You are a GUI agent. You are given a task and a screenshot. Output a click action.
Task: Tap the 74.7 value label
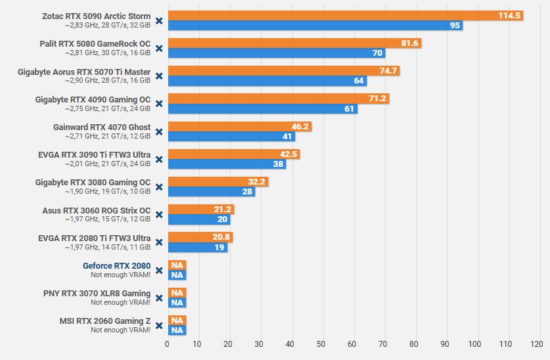pos(388,71)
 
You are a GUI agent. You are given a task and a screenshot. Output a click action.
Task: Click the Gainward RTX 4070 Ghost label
pos(102,127)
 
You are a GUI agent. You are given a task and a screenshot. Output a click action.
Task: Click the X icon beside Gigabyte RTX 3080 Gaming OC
pos(159,187)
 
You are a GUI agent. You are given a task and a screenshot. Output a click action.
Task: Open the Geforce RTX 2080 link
pos(116,266)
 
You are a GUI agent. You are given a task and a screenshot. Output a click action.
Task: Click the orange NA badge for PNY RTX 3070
pos(177,293)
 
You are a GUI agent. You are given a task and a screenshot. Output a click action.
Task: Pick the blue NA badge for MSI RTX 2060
pos(177,330)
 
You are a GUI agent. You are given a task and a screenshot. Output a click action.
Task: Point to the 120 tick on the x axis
pos(536,344)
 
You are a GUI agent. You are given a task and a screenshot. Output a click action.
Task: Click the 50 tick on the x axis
pos(321,344)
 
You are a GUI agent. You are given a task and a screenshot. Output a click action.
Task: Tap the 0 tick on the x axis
pos(167,344)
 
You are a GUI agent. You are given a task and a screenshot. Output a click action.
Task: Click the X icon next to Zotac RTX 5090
pos(159,20)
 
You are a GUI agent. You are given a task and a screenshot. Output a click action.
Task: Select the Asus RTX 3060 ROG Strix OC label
pos(96,211)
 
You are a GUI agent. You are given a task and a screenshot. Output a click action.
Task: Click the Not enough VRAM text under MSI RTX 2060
pos(121,330)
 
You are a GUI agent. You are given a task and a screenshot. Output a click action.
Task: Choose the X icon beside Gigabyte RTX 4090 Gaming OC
pos(159,104)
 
